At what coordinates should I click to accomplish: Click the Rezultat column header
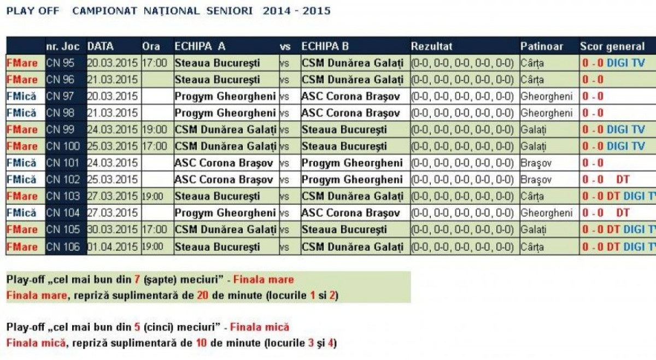[x=432, y=46]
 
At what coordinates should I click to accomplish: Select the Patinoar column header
[x=541, y=46]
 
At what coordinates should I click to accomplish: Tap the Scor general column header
[x=612, y=46]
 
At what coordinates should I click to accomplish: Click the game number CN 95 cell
[x=60, y=63]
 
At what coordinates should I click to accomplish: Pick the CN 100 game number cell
[x=63, y=146]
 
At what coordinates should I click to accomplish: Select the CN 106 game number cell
[x=63, y=247]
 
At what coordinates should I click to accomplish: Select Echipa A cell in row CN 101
[x=224, y=163]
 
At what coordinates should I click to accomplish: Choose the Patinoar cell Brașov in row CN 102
[x=536, y=180]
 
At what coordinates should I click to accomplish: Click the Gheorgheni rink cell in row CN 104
[x=547, y=213]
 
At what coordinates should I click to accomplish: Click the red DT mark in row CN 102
[x=623, y=180]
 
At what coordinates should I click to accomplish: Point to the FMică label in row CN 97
[x=22, y=97]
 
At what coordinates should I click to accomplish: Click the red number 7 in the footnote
[x=137, y=280]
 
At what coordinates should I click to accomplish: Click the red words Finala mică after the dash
[x=259, y=328]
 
